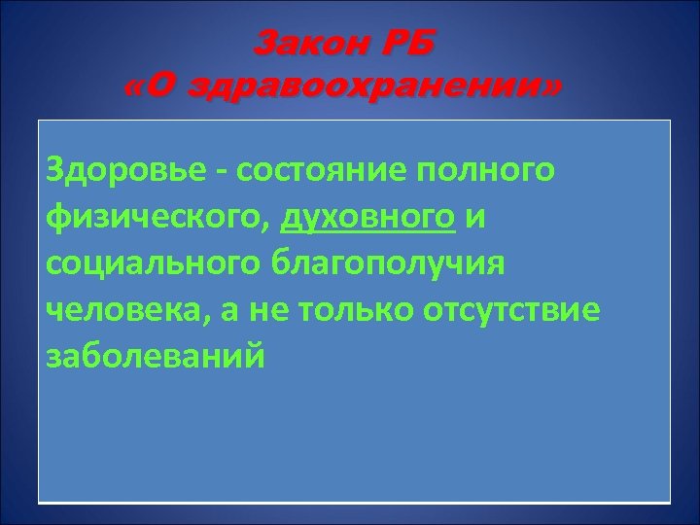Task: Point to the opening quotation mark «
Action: [x=138, y=89]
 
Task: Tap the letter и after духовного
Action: [x=474, y=220]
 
